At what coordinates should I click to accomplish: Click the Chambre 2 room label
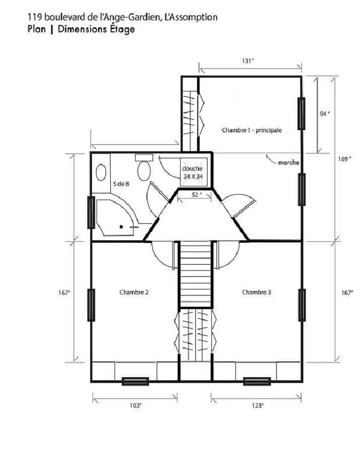[x=134, y=292]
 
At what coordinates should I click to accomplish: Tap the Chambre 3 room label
[x=256, y=292]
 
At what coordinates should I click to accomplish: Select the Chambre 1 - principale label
[x=252, y=130]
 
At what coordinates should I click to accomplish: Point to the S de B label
[x=121, y=184]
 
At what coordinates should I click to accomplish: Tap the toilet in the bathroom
[x=144, y=167]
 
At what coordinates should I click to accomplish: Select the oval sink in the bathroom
[x=101, y=172]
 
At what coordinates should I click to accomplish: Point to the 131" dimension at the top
[x=248, y=61]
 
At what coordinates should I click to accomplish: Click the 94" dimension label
[x=325, y=114]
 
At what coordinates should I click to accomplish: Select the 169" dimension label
[x=345, y=159]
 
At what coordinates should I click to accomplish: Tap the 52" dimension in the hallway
[x=197, y=195]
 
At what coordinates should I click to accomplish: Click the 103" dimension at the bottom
[x=135, y=405]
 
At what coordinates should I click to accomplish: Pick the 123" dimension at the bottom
[x=257, y=405]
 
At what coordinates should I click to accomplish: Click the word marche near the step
[x=289, y=162]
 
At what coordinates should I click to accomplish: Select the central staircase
[x=195, y=274]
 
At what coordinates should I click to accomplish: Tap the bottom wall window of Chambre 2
[x=135, y=382]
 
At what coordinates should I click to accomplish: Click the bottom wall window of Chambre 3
[x=257, y=382]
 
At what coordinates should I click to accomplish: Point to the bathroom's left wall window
[x=92, y=213]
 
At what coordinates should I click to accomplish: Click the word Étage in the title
[x=122, y=29]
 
